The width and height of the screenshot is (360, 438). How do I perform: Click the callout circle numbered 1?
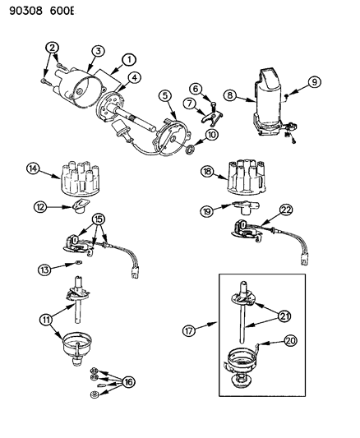click(129, 59)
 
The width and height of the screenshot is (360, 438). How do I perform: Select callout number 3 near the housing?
click(98, 52)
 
